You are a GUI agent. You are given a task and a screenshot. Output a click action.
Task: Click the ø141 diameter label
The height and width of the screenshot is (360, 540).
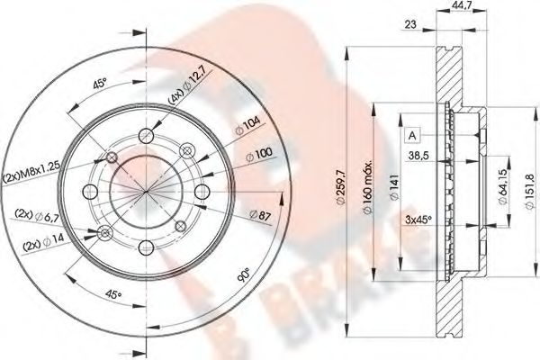point(395,184)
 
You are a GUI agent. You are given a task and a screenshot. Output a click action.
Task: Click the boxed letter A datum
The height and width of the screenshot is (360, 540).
point(413,135)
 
